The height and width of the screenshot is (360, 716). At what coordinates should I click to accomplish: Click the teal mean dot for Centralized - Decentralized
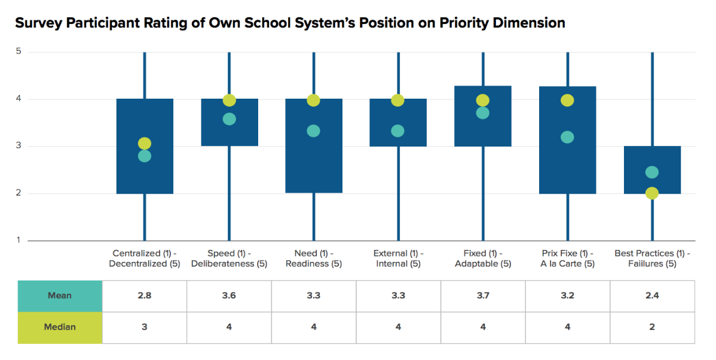pos(145,156)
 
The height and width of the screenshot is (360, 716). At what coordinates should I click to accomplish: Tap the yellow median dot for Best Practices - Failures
pos(652,193)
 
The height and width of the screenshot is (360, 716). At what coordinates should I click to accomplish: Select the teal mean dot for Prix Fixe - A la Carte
pos(567,137)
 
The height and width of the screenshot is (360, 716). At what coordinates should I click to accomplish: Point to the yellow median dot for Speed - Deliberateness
pos(230,100)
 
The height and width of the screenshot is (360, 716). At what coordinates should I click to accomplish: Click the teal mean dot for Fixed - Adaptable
pos(483,113)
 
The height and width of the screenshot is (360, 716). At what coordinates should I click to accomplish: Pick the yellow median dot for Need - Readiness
pos(314,100)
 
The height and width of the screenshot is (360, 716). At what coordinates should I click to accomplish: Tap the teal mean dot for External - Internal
pos(398,131)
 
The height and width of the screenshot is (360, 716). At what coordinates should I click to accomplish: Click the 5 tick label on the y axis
pos(19,52)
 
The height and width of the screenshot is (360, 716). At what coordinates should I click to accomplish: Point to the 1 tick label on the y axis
pos(19,240)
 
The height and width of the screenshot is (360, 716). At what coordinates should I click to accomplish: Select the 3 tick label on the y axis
pos(19,146)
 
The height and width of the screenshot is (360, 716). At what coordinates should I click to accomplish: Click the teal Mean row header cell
pos(60,295)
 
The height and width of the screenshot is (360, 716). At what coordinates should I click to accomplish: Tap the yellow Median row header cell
pos(60,327)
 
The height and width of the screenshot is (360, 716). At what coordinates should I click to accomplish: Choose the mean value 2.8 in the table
pos(145,295)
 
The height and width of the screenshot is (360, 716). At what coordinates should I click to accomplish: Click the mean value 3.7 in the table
pos(483,295)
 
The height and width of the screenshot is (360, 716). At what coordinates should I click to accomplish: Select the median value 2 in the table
pos(652,327)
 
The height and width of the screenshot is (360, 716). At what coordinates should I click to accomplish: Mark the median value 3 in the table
pos(145,327)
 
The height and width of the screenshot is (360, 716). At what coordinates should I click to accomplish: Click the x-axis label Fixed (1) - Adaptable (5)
pos(483,258)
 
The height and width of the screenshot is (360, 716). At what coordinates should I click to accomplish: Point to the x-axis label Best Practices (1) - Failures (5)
pos(652,258)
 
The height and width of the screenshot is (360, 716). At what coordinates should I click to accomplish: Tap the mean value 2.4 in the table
pos(652,295)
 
